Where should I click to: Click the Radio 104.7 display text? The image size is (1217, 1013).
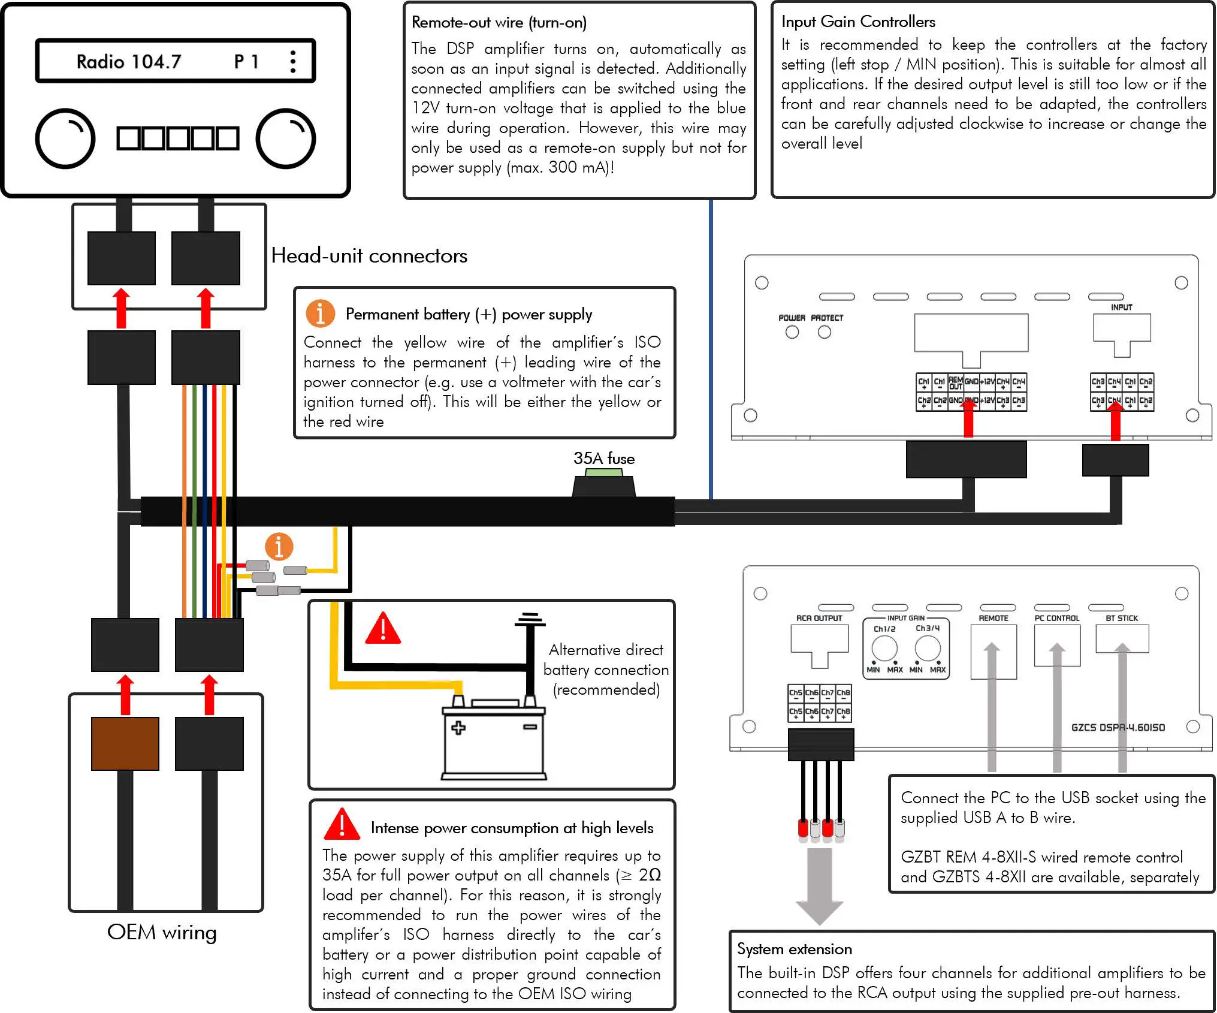[x=129, y=61]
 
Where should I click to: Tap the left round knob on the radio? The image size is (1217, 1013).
[x=65, y=138]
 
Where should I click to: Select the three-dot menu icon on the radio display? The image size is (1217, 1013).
[x=292, y=61]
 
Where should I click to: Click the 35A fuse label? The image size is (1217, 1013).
[x=603, y=459]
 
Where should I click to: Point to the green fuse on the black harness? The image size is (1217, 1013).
[x=604, y=473]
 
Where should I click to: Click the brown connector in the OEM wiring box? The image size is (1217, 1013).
[x=125, y=743]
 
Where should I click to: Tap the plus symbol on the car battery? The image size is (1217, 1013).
[x=458, y=728]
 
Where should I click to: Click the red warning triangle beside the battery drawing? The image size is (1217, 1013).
[x=382, y=629]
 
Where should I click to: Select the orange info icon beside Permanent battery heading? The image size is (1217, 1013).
[x=320, y=313]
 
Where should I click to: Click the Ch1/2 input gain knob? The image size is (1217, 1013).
[x=884, y=649]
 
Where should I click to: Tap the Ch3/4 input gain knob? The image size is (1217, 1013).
[x=927, y=649]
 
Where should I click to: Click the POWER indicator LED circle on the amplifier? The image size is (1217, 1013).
[x=792, y=332]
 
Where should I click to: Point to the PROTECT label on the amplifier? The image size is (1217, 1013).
[x=826, y=318]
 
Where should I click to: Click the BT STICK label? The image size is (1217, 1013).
[x=1121, y=618]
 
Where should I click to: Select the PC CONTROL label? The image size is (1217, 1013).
[x=1056, y=618]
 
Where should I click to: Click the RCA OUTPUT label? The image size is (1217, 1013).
[x=819, y=618]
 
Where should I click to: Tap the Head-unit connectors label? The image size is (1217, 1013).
[x=369, y=256]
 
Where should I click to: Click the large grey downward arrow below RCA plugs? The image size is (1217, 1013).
[x=819, y=887]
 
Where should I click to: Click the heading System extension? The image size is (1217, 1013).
[x=794, y=949]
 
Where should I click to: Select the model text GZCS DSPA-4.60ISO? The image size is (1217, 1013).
[x=1118, y=728]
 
